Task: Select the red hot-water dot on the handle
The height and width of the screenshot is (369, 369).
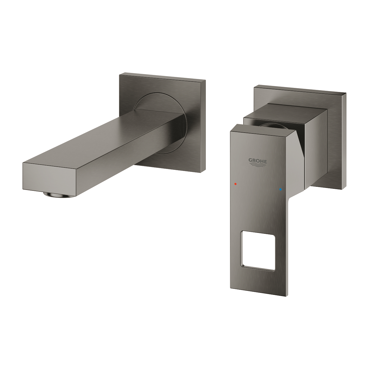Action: (x=236, y=183)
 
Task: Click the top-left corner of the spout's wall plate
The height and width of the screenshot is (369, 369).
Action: (x=120, y=75)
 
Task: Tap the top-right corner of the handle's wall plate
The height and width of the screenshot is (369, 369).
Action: (x=345, y=93)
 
